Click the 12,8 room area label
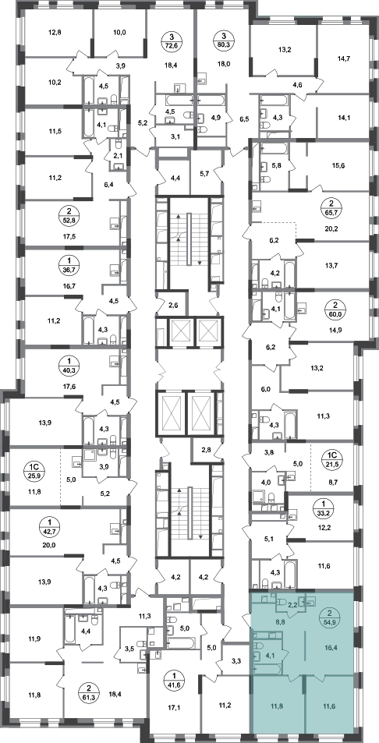point(55,33)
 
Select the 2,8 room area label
point(207,449)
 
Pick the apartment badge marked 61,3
point(87,688)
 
